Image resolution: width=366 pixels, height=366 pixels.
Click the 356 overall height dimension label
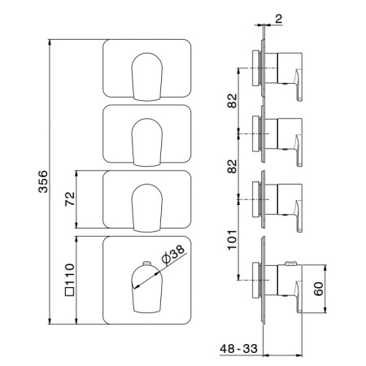pos(43,181)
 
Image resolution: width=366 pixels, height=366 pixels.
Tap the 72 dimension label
pos(70,199)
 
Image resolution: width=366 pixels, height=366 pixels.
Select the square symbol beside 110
pos(70,291)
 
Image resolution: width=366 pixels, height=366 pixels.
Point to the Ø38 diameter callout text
pos(173,255)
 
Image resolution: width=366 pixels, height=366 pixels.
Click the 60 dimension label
pos(319,289)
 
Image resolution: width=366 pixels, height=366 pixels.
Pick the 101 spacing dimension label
pos(232,240)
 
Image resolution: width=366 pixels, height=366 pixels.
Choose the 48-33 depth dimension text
pos(238,348)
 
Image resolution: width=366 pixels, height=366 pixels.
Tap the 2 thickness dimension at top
pos(278,19)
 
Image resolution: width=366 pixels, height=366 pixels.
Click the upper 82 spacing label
pos(232,101)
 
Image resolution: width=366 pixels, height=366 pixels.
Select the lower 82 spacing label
pos(232,167)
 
